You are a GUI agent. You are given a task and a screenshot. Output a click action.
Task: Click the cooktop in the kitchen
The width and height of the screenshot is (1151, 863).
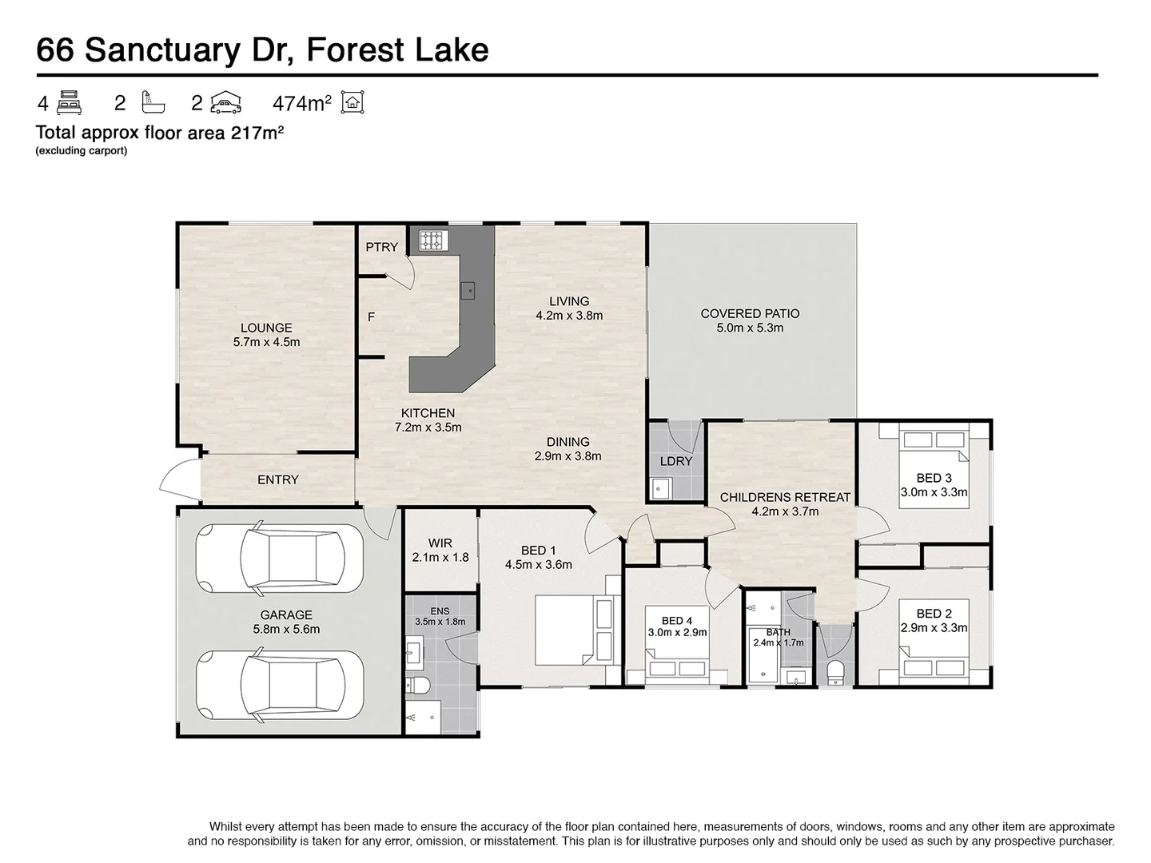(x=433, y=241)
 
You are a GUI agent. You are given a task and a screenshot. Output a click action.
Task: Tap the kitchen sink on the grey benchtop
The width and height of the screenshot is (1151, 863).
(x=468, y=290)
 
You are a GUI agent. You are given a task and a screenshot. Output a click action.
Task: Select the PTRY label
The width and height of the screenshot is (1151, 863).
(x=382, y=247)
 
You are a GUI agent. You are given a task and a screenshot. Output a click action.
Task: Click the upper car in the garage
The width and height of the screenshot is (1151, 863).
(x=280, y=558)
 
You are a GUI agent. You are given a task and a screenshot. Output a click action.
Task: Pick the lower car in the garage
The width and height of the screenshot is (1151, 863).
(x=280, y=685)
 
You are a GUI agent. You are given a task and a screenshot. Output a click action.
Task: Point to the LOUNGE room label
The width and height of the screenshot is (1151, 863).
(x=266, y=328)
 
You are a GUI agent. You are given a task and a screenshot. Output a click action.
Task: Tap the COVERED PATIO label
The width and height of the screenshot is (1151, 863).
(x=750, y=314)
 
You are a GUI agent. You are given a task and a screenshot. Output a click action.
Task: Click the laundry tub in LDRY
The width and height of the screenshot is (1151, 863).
(x=660, y=489)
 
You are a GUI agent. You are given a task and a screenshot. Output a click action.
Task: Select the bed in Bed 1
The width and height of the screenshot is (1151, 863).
(x=574, y=630)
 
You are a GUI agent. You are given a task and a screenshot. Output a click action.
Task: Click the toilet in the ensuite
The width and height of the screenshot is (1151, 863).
(x=418, y=684)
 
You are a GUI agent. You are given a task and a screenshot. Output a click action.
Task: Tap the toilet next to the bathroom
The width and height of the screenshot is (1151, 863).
(x=835, y=673)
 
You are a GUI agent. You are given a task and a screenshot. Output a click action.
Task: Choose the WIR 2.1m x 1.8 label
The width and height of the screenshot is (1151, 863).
(x=440, y=551)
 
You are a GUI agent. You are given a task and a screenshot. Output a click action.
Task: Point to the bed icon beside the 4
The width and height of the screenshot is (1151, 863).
(x=70, y=103)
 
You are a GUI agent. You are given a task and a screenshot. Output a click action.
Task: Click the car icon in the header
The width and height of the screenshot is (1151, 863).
(x=226, y=102)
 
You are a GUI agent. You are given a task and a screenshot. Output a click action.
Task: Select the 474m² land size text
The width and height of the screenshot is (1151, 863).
(x=302, y=103)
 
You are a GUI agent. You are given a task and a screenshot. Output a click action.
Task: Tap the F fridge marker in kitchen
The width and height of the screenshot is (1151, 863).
(x=371, y=317)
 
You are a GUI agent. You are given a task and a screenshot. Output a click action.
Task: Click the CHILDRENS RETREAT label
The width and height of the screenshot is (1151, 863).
(x=785, y=497)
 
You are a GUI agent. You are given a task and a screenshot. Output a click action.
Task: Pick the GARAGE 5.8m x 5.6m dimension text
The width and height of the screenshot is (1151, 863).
(x=286, y=630)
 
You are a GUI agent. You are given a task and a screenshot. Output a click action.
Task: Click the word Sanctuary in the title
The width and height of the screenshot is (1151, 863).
(x=163, y=51)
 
